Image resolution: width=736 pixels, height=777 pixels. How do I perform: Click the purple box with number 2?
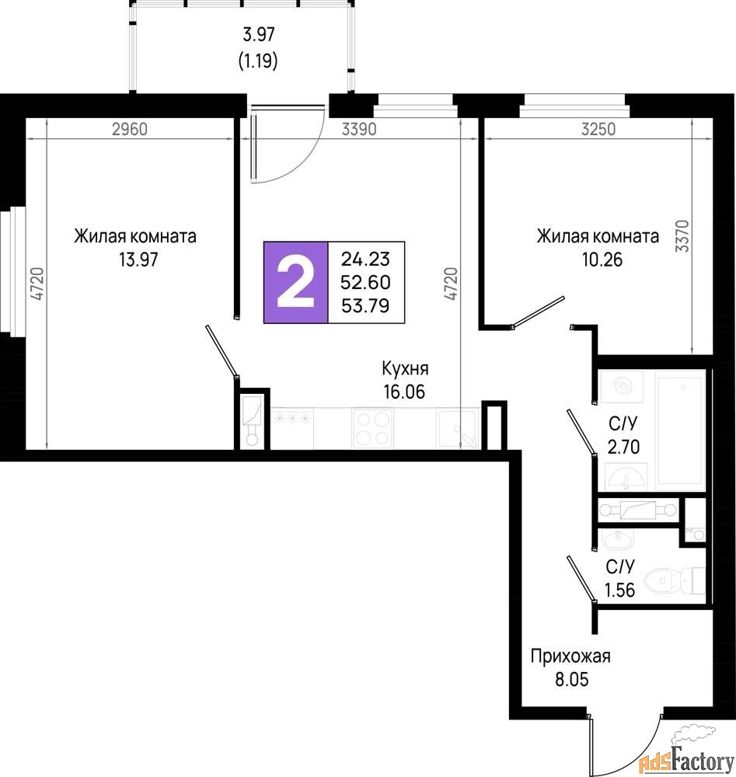[296, 283]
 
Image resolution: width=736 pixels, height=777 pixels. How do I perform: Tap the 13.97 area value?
[138, 260]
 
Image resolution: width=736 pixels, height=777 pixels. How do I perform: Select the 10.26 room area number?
[602, 260]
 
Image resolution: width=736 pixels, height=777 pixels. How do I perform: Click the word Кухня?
[405, 368]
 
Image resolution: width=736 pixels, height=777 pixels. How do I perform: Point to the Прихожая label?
[570, 656]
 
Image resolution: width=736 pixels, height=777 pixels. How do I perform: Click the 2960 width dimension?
[130, 129]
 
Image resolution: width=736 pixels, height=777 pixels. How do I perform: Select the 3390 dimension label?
[359, 129]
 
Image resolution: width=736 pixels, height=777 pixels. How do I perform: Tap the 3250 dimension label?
[598, 129]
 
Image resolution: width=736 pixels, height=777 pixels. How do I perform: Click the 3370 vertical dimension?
[682, 236]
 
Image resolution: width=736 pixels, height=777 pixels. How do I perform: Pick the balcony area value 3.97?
[259, 35]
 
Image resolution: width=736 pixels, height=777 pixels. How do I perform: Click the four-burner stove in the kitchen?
[372, 429]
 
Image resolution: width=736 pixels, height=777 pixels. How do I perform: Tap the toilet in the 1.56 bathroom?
[675, 580]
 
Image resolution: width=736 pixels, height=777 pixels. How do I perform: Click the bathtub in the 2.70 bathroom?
[681, 430]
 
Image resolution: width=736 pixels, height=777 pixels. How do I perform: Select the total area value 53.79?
[366, 305]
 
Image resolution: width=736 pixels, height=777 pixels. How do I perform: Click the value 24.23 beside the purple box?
[366, 260]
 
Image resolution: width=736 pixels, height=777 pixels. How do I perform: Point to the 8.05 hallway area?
[572, 679]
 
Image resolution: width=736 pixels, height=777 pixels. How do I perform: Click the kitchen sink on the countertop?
[456, 429]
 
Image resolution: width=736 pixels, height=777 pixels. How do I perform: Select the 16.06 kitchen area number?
[404, 392]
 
